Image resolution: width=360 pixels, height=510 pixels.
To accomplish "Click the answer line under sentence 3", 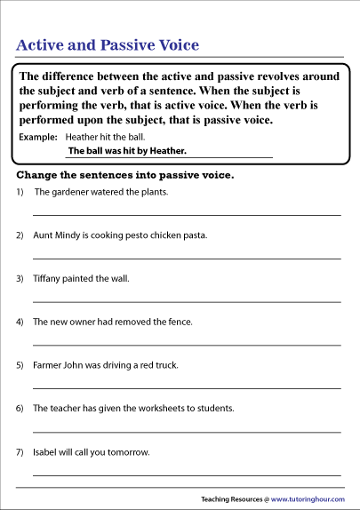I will click(187, 302).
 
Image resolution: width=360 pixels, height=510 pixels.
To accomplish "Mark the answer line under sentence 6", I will click(187, 433).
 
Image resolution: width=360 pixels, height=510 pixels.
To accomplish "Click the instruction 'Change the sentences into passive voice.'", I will click(125, 175).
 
